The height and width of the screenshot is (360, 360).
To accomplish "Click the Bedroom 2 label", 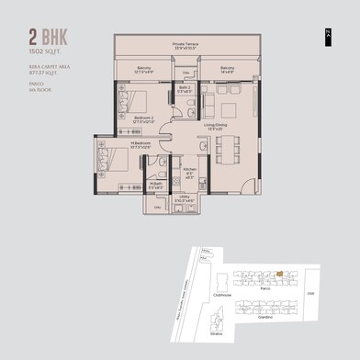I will tap(139, 118).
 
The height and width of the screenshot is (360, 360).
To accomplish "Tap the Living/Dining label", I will tap(215, 128).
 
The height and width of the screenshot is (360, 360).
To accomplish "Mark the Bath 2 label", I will tap(184, 90).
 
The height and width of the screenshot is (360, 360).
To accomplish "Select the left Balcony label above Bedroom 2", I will tap(144, 69).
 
